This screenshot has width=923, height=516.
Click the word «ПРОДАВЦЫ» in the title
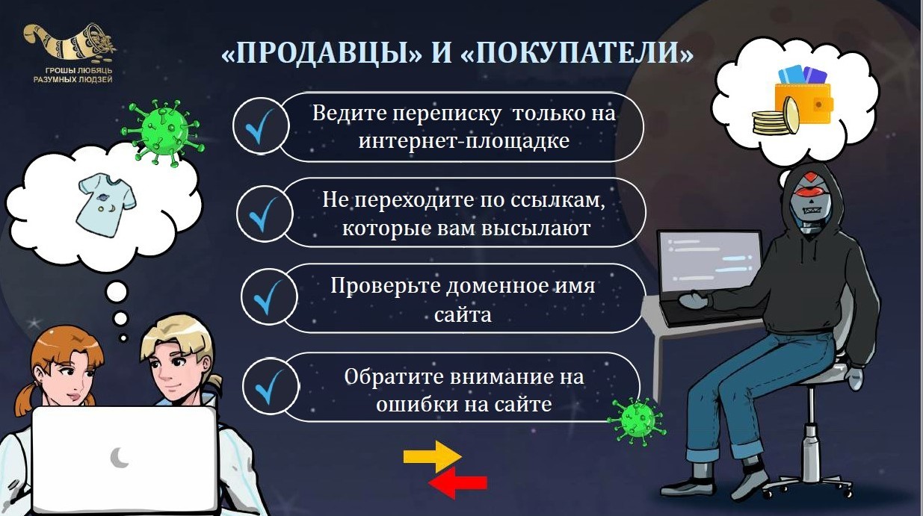pos(322,53)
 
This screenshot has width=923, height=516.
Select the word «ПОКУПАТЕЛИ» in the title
pos(577,53)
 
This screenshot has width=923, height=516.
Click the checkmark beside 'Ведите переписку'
pos(259,126)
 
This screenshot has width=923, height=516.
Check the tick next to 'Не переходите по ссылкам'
pos(264,214)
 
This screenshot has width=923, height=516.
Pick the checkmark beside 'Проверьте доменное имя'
pos(268,297)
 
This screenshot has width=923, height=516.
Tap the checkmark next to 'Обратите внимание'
pos(271,387)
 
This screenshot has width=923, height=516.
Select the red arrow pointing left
pos(458,482)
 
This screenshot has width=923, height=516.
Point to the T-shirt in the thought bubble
pos(106,205)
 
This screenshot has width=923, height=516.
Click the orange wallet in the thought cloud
pos(803,103)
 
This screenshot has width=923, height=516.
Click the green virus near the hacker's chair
pos(637,421)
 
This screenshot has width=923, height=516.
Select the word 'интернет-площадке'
pos(464,141)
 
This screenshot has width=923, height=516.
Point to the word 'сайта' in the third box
pos(463,315)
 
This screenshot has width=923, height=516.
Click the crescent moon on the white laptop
pos(120,458)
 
